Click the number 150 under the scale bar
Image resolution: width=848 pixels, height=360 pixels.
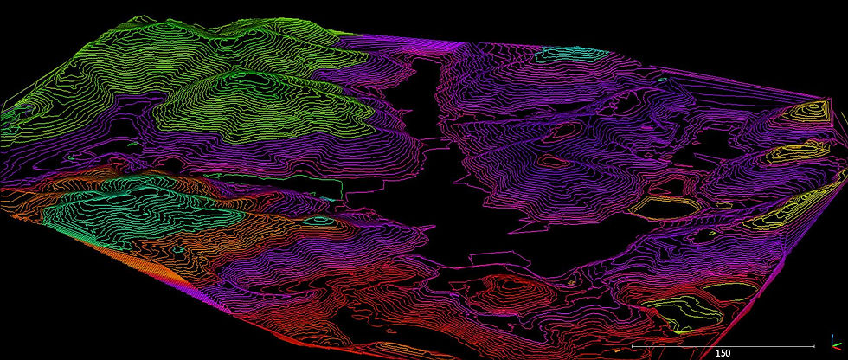723,353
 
